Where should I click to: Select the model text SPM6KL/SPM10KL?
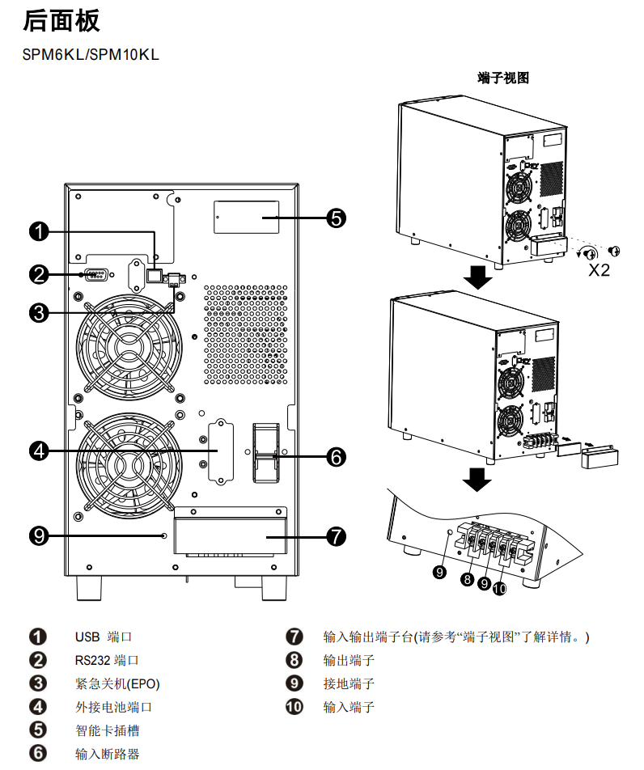tap(91, 54)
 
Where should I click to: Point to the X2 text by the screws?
tap(599, 269)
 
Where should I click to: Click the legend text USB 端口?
tap(104, 637)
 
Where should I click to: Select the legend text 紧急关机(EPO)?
tap(117, 684)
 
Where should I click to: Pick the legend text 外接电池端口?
tap(114, 708)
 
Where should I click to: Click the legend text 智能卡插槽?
tap(108, 731)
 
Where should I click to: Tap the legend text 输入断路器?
tap(108, 755)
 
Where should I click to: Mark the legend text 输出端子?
tap(349, 661)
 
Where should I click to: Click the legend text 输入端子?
tap(349, 708)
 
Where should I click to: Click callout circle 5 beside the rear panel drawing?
tap(337, 217)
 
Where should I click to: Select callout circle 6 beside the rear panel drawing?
tap(337, 457)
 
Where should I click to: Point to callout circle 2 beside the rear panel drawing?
tap(38, 274)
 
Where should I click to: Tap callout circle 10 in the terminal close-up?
tap(499, 589)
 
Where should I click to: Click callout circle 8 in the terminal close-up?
tap(468, 578)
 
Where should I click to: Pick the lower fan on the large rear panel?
tap(129, 463)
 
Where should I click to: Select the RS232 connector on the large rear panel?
tap(95, 274)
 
